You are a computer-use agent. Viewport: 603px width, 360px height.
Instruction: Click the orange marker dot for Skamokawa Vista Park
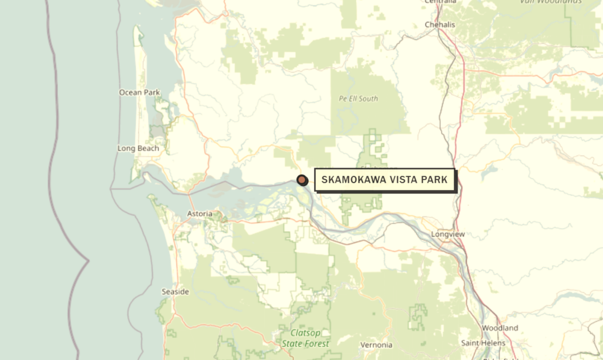[x=302, y=180]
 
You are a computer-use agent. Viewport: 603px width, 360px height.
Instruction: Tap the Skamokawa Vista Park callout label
[x=384, y=180]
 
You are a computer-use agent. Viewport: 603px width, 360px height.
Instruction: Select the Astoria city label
[x=200, y=214]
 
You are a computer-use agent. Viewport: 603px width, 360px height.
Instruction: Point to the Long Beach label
[x=138, y=148]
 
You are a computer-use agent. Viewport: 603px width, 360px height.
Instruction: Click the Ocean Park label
[x=139, y=92]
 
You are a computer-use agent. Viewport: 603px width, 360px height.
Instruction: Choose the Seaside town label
[x=175, y=292]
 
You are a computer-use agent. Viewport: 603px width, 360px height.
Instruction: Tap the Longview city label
[x=448, y=234]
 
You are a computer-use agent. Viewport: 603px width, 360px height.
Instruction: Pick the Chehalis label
[x=440, y=24]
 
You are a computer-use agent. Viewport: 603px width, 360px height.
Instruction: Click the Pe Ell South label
[x=358, y=98]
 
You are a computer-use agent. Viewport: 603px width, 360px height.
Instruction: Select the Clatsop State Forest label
[x=305, y=338]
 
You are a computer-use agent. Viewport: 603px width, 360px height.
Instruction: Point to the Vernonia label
[x=376, y=345]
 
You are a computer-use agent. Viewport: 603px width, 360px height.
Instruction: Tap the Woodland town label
[x=500, y=328]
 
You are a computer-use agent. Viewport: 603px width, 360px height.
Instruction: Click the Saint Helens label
[x=483, y=343]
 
